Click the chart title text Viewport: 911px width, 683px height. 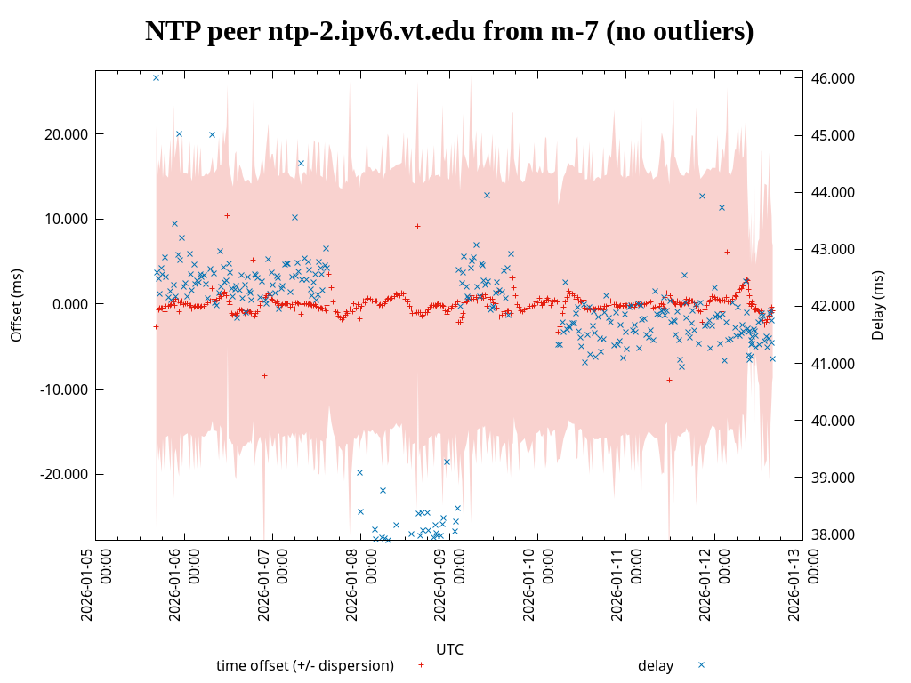449,32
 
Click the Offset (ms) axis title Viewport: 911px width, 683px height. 17,305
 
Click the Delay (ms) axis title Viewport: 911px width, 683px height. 878,305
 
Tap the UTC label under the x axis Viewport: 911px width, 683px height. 449,649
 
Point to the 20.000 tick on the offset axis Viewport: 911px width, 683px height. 65,134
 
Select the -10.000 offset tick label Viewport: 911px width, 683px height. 63,390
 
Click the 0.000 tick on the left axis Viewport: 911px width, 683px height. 69,304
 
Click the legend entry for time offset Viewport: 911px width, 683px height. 304,665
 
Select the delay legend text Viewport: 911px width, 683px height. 656,665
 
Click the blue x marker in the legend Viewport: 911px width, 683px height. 701,664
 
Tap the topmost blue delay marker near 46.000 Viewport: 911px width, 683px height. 156,77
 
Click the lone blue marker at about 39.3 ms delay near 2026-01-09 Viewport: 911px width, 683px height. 447,462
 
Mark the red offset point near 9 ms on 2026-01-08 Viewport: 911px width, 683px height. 417,226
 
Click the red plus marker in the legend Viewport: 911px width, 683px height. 421,664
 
